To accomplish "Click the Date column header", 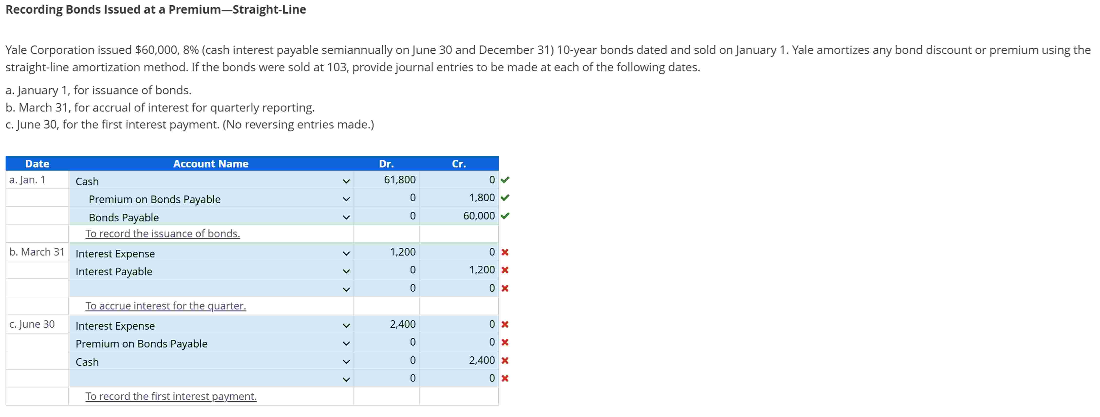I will (37, 164).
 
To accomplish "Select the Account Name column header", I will (211, 164).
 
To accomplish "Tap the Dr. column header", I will (386, 164).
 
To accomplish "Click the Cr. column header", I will (459, 164).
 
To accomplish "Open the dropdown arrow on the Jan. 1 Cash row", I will (346, 181).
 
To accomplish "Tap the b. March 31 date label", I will (37, 252).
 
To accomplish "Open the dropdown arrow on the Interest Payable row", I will (346, 271).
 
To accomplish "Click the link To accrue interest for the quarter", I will (166, 306).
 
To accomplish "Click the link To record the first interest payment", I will (171, 397).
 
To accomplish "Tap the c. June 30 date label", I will (32, 324).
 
